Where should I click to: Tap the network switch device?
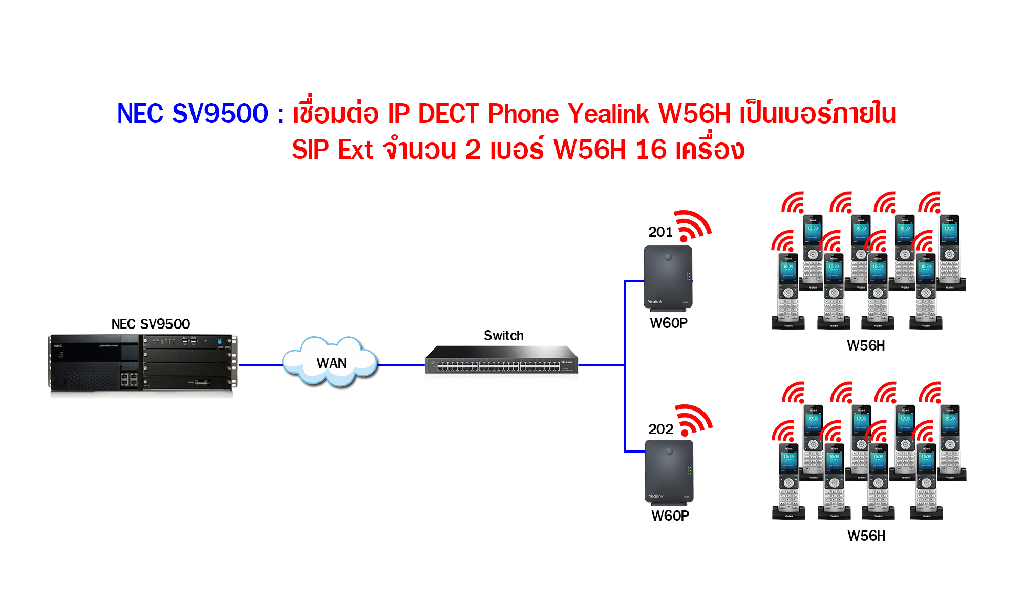coord(501,360)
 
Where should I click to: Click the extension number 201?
coord(660,232)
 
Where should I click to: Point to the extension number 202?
coord(660,429)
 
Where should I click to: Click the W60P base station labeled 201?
coord(668,278)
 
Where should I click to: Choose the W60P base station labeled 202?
coord(669,472)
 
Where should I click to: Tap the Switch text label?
coord(504,336)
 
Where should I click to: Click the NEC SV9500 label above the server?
coord(151,324)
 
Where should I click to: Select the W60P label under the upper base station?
coord(669,323)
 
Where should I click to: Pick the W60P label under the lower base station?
coord(670,516)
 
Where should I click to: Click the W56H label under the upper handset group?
coord(866,346)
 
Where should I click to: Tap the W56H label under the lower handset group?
coord(866,536)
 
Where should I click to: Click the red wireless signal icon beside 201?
coord(692,226)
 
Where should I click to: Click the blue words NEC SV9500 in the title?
coord(193,114)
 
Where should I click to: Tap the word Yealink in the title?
coord(609,114)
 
